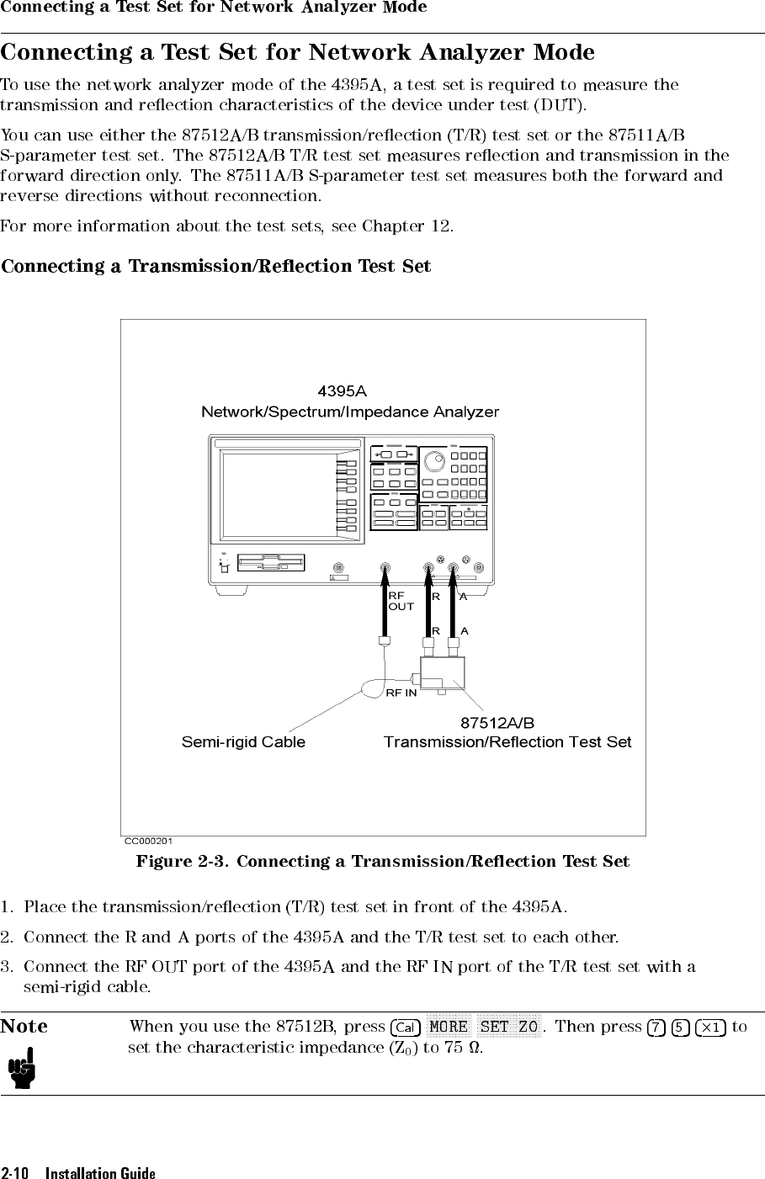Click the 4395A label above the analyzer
(x=343, y=391)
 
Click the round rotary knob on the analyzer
(x=434, y=462)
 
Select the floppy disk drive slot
(x=271, y=563)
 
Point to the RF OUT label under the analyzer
(x=401, y=601)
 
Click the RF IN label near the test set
(x=401, y=693)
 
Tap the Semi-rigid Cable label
(x=243, y=742)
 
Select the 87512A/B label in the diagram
(x=497, y=723)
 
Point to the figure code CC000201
(x=148, y=841)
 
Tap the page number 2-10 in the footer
(x=15, y=1172)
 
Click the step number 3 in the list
(x=5, y=967)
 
